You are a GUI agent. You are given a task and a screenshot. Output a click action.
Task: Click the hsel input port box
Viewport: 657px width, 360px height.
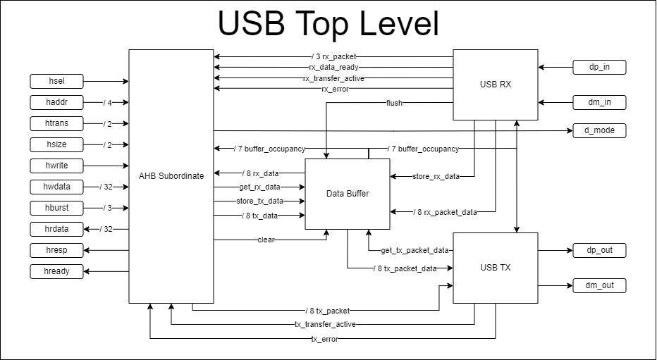[57, 81]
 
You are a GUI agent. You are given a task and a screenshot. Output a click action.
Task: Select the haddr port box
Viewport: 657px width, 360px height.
[57, 102]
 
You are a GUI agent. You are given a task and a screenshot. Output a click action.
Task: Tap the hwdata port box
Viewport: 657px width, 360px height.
[57, 187]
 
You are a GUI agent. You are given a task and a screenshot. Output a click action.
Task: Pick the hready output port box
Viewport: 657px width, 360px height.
[57, 271]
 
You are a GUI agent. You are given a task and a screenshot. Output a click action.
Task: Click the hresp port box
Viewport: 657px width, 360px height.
[57, 250]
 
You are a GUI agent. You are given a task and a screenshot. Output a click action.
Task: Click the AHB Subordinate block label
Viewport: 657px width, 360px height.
[171, 176]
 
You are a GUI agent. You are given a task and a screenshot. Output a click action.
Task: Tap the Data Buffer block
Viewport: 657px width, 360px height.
[347, 194]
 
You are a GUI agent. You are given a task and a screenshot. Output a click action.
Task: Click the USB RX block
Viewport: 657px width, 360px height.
[495, 85]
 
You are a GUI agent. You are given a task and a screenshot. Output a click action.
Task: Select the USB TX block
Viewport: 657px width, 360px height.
[495, 268]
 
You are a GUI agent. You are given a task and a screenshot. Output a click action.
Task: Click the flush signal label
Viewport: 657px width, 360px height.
[395, 103]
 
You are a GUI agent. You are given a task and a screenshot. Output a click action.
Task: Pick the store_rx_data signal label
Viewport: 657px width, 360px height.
[436, 176]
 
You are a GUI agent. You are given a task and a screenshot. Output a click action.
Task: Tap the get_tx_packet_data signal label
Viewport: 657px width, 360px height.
[415, 250]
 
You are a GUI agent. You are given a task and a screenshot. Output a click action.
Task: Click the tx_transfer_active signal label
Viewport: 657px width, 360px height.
[325, 324]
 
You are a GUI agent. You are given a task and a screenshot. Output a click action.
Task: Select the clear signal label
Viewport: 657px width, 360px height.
[266, 240]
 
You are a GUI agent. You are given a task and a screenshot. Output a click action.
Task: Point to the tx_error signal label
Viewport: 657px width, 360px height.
[324, 339]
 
